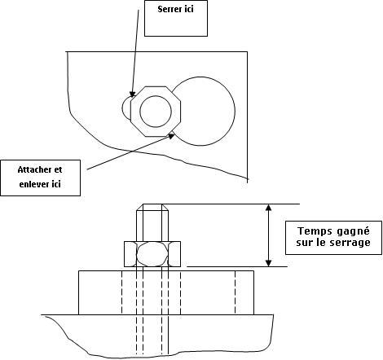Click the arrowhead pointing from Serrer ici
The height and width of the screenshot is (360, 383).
point(132,94)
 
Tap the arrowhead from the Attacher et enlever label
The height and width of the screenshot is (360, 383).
point(171,135)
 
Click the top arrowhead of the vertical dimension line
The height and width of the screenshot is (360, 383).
point(268,208)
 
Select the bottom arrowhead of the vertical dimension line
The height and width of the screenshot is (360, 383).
point(268,263)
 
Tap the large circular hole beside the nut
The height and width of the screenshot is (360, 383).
point(235,112)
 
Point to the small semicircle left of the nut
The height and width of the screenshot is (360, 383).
point(122,108)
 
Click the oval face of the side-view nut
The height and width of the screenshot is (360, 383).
point(137,254)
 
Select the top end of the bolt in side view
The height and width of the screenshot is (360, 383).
point(152,204)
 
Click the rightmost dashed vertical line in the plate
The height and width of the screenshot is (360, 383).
point(236,292)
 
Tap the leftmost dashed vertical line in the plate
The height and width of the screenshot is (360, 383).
point(121,292)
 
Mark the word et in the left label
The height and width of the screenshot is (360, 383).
point(59,169)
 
